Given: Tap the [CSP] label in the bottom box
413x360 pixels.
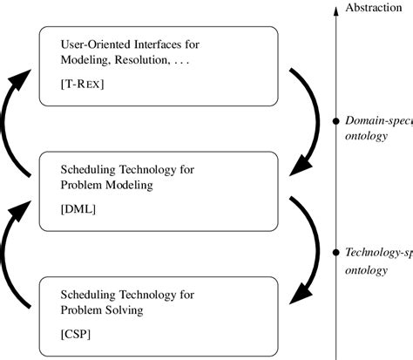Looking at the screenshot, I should (77, 334).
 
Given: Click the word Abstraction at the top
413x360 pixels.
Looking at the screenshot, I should (374, 8).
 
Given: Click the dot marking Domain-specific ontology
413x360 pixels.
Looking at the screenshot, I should (335, 121).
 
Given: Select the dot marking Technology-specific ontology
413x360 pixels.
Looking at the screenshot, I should (335, 253).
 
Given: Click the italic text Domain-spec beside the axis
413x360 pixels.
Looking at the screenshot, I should (378, 121).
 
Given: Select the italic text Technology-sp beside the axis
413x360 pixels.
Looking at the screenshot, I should (378, 253).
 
